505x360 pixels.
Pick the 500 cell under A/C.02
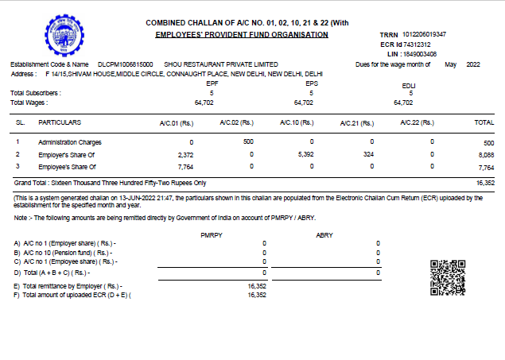248,141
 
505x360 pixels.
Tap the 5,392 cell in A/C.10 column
305,154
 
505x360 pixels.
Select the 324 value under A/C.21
367,154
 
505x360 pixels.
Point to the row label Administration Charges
71,141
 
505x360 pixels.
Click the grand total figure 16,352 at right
484,183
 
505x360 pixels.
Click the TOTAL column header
484,123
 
